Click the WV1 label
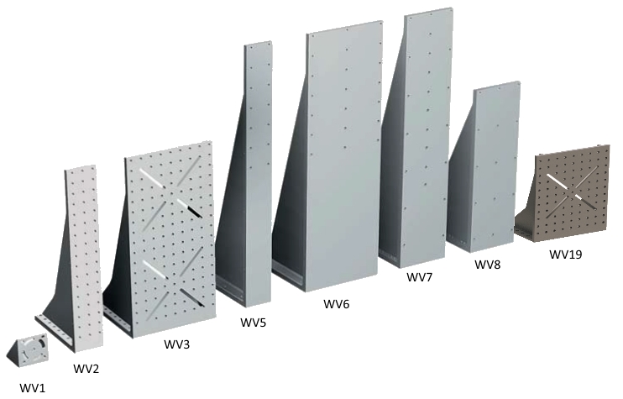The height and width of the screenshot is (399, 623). (x=33, y=387)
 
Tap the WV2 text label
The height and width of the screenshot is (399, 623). (x=86, y=369)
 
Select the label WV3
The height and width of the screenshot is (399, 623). (x=177, y=344)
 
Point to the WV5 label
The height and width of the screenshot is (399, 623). (x=253, y=323)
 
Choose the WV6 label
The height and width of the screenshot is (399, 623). (x=336, y=304)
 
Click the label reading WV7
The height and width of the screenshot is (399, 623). (x=419, y=277)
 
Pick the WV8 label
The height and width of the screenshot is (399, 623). (x=488, y=265)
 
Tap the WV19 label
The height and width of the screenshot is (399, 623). (x=566, y=254)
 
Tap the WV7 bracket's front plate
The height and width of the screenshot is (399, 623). (x=425, y=139)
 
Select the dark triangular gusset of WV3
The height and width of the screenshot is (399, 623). (x=118, y=270)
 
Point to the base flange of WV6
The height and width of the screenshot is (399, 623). (x=288, y=273)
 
